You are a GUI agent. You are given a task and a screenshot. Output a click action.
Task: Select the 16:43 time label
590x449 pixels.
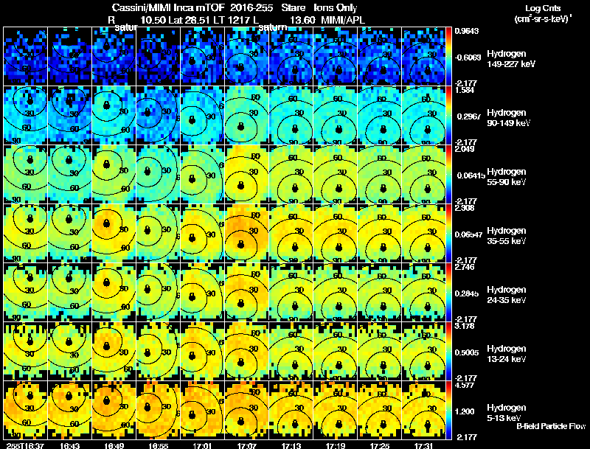click(70, 445)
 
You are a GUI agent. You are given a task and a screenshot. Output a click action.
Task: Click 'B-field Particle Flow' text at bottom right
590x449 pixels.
click(551, 426)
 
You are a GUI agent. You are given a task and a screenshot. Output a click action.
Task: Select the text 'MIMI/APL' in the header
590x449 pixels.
click(341, 19)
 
